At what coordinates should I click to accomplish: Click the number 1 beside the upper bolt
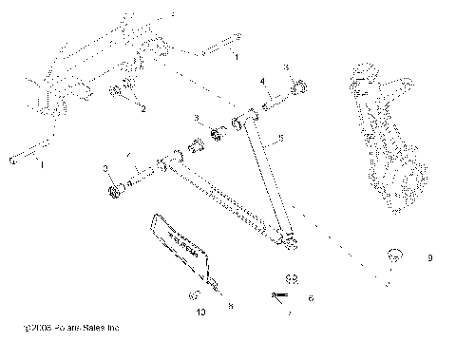(x=237, y=58)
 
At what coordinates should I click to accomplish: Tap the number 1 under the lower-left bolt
(x=40, y=166)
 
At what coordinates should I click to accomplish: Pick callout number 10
(x=200, y=310)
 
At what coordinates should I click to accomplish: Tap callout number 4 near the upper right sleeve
(x=263, y=83)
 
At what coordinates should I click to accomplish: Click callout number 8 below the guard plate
(x=229, y=306)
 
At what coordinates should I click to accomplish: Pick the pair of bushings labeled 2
(x=123, y=93)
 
